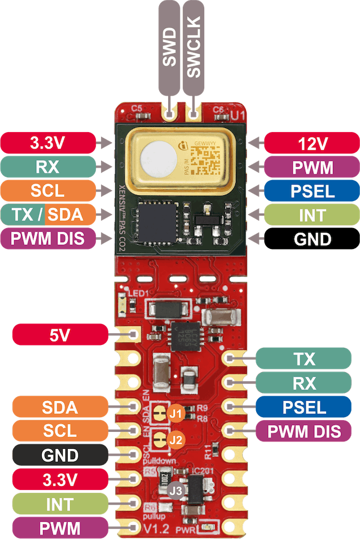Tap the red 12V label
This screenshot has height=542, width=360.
point(313,143)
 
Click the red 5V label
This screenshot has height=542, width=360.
point(60,335)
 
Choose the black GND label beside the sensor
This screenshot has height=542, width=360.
point(313,239)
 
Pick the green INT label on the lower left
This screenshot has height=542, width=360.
point(60,504)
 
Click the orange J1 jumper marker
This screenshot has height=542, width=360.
point(176,414)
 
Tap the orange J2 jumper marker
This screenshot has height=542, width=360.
point(176,439)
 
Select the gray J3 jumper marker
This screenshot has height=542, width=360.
point(177,491)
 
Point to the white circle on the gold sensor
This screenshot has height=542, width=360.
point(156,158)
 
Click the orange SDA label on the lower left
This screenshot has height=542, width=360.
point(60,406)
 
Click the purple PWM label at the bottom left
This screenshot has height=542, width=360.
point(60,528)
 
